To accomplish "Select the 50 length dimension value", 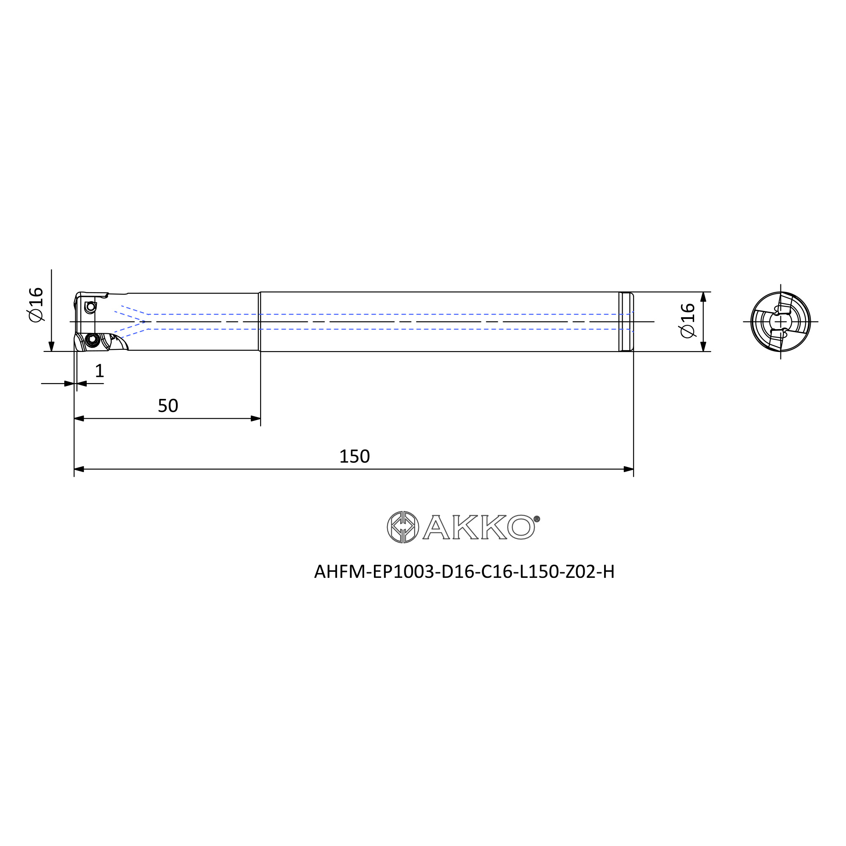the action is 168,406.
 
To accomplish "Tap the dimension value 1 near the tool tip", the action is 99,371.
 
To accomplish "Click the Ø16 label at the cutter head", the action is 36,305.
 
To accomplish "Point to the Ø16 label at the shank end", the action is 688,321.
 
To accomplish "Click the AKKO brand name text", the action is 478,527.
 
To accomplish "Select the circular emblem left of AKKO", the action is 403,527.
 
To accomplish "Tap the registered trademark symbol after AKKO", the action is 537,519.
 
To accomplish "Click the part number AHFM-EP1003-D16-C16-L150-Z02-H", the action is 464,571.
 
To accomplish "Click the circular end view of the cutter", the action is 780,321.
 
